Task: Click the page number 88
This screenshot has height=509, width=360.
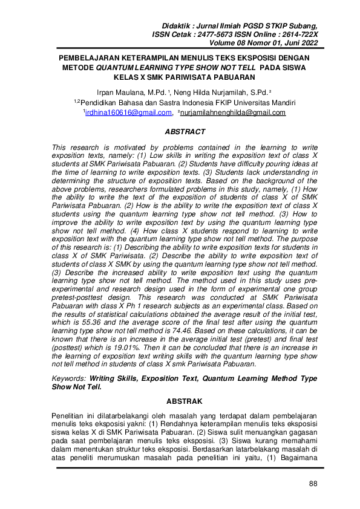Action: (x=312, y=483)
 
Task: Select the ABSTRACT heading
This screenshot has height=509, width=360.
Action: (x=185, y=132)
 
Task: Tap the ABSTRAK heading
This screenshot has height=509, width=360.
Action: (x=185, y=400)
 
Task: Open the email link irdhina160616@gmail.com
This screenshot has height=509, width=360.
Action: (x=128, y=112)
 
